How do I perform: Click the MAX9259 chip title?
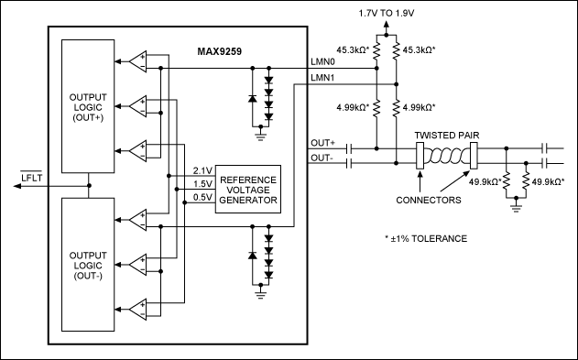point(219,51)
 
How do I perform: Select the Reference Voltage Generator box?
point(248,189)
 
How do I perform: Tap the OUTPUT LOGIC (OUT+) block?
point(88,106)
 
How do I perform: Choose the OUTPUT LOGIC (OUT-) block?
point(88,265)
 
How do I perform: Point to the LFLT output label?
point(31,177)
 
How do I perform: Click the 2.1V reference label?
point(202,170)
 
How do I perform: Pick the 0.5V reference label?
point(202,198)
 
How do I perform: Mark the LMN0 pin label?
point(323,61)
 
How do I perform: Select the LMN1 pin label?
point(323,78)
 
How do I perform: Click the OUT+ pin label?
point(323,143)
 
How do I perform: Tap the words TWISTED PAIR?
point(447,136)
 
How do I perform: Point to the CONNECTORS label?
point(429,200)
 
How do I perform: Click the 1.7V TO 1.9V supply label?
point(387,14)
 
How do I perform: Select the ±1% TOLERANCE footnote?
point(426,239)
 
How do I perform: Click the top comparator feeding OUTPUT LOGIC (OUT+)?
point(138,61)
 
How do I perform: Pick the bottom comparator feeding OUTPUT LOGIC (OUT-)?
point(138,309)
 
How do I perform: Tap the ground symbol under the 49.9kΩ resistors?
point(516,208)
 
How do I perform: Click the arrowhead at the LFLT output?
point(17,186)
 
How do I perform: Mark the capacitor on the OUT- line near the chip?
point(349,163)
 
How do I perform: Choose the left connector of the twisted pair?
point(420,156)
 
